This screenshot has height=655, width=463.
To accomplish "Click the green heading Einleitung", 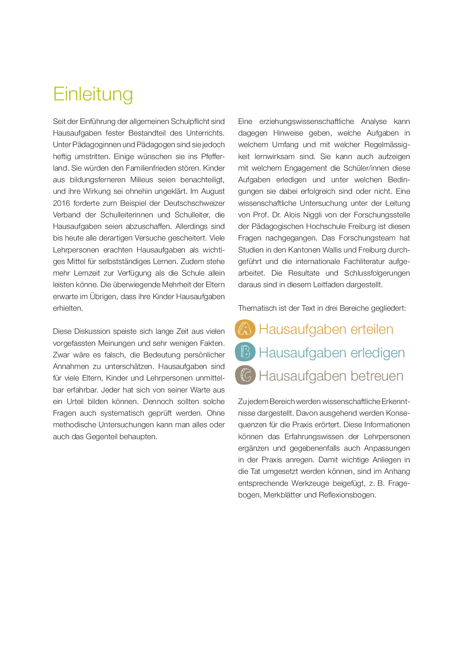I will click(x=93, y=94).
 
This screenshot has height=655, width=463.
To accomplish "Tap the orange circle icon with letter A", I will click(x=245, y=329).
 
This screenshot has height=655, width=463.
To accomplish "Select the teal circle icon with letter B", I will click(x=245, y=352).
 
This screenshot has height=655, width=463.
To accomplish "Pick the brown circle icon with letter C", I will click(x=245, y=375).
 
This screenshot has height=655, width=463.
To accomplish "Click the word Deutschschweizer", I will click(x=194, y=203).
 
